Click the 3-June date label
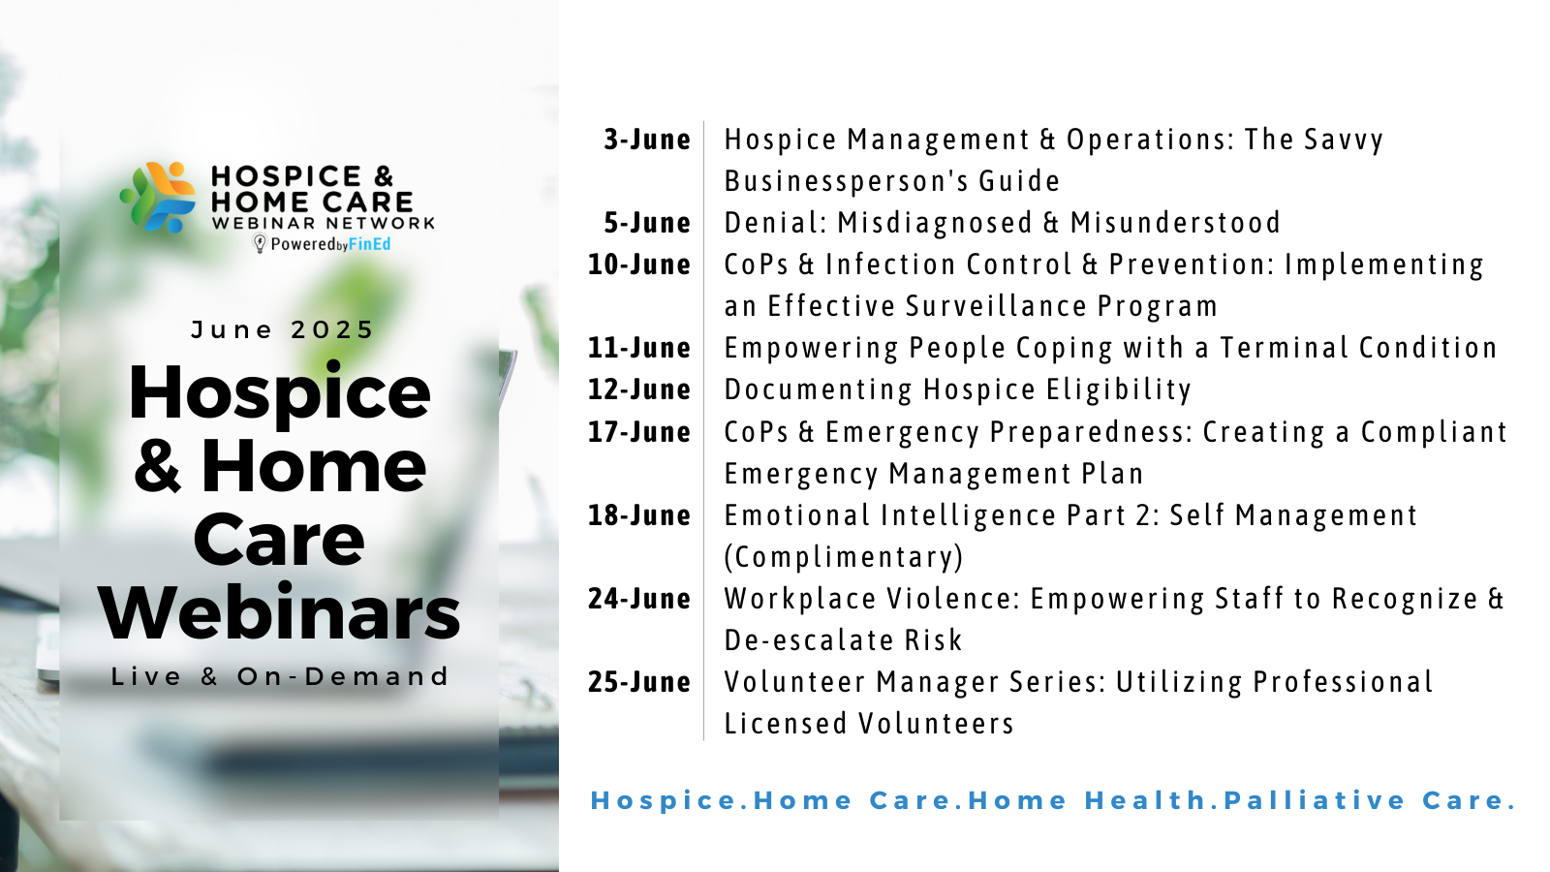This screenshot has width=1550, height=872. pos(647,140)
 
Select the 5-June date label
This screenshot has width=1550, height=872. pos(647,223)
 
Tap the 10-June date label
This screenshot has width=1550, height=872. pos(639,265)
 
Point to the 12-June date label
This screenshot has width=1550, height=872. pos(639,389)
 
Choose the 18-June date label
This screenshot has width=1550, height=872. pos(639,515)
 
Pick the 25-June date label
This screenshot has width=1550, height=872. pos(639,682)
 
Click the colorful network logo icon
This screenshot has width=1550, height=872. pos(159,198)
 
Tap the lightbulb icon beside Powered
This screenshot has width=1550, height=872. pos(260,243)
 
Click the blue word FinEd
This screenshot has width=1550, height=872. pos(369,243)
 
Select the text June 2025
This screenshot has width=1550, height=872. pos(282,330)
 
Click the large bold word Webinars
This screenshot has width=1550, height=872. pos(279,612)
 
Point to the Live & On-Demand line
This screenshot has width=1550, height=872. pos(280,676)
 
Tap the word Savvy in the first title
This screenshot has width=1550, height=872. pos(1343,140)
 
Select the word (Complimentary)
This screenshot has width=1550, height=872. pos(844,557)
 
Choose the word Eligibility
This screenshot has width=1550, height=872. pos(1118,390)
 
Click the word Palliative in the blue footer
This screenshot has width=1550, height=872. pos(1315,800)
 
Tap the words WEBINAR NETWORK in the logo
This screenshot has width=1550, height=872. pos(324,223)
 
